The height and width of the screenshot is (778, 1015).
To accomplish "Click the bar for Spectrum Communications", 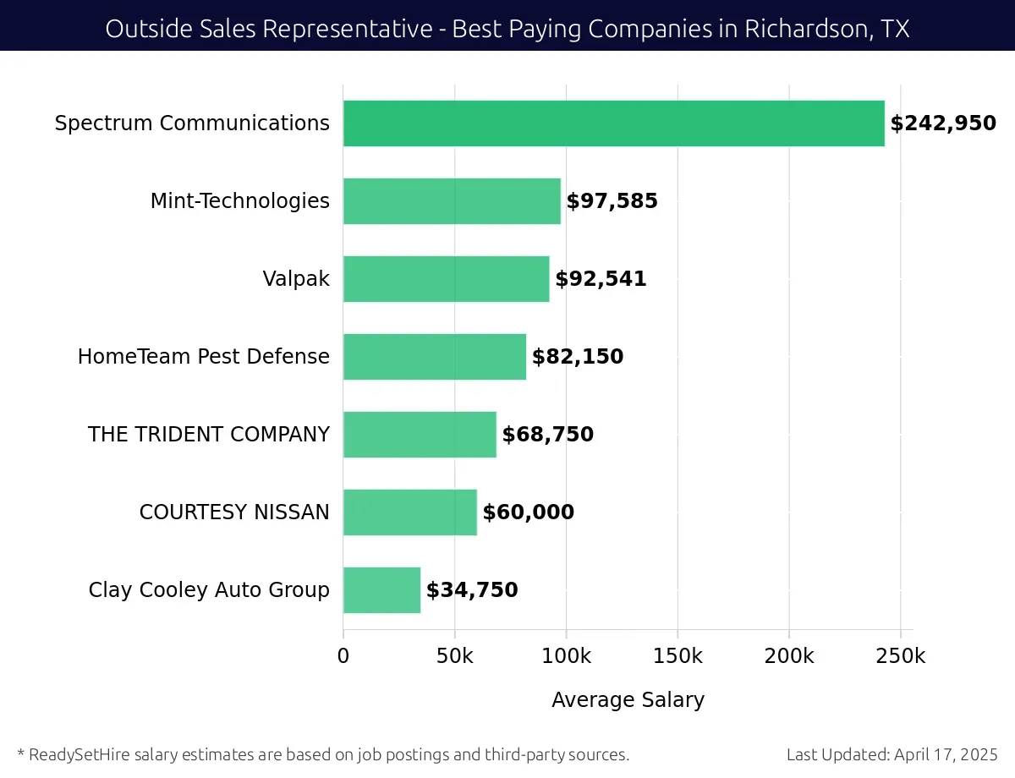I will point(613,123).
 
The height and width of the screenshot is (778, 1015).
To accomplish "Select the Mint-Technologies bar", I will point(452,201).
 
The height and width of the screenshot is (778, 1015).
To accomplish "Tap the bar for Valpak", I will point(446,279).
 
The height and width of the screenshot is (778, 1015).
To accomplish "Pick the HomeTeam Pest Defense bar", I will point(434,357).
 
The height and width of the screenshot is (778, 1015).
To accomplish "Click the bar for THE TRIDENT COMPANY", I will point(420,435).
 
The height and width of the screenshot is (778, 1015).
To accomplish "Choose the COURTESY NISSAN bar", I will point(409,512).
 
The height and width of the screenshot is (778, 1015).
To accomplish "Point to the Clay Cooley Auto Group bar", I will point(381,590).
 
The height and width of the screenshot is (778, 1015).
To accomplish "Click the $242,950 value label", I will point(943,123).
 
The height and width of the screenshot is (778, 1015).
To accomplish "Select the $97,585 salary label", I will point(612,201).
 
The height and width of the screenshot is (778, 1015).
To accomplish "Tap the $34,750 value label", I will point(472,590).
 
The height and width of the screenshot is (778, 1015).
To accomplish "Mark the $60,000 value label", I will point(528,512).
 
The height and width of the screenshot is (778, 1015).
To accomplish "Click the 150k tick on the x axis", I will point(678,655).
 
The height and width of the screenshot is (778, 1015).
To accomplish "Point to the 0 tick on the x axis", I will point(343,655).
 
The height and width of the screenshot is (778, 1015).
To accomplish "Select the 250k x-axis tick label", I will point(901,655).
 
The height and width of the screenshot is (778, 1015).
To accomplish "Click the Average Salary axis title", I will point(628,700).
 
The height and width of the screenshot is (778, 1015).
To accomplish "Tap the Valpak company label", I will point(296,279).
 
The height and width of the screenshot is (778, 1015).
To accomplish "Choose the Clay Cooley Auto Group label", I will point(209,590).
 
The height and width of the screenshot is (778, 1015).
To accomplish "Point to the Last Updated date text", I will point(892,754).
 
